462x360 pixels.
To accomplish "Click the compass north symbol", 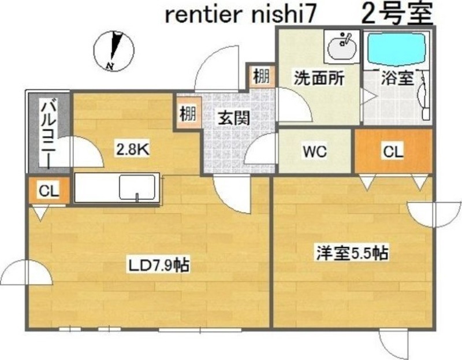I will (x=113, y=50).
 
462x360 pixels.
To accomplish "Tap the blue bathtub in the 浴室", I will (x=397, y=49).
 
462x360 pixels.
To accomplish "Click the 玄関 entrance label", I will (x=233, y=118).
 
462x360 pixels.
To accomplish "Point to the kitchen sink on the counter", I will (x=137, y=188).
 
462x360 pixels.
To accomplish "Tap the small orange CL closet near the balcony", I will (x=49, y=191).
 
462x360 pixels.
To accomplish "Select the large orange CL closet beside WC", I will (x=393, y=151).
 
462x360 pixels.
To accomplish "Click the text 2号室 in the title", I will (x=397, y=14).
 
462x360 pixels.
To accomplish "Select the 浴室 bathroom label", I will (x=398, y=78).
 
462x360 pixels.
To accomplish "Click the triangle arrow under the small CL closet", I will (x=39, y=214).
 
